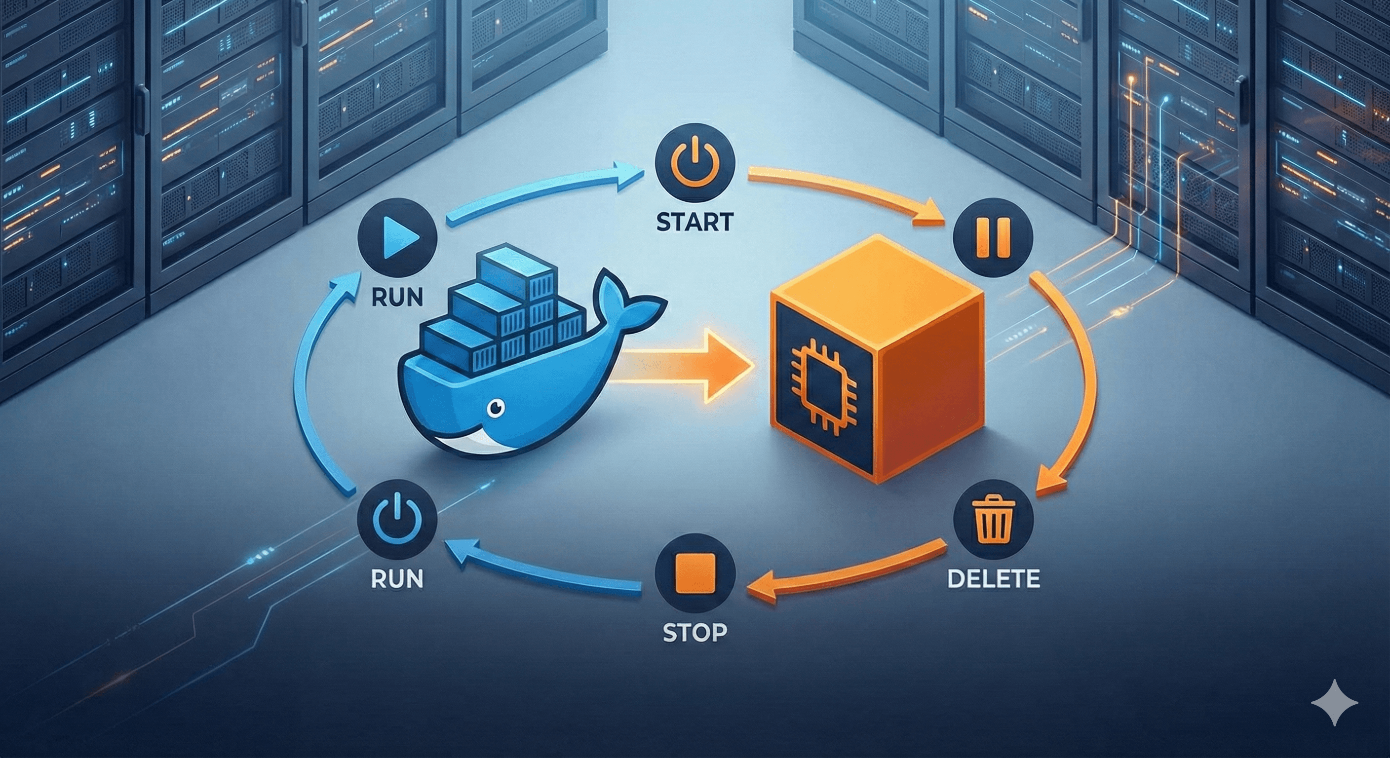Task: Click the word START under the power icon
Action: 695,222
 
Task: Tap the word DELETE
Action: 994,578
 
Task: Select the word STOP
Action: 694,632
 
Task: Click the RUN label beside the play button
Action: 397,297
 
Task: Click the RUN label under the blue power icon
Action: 397,578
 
